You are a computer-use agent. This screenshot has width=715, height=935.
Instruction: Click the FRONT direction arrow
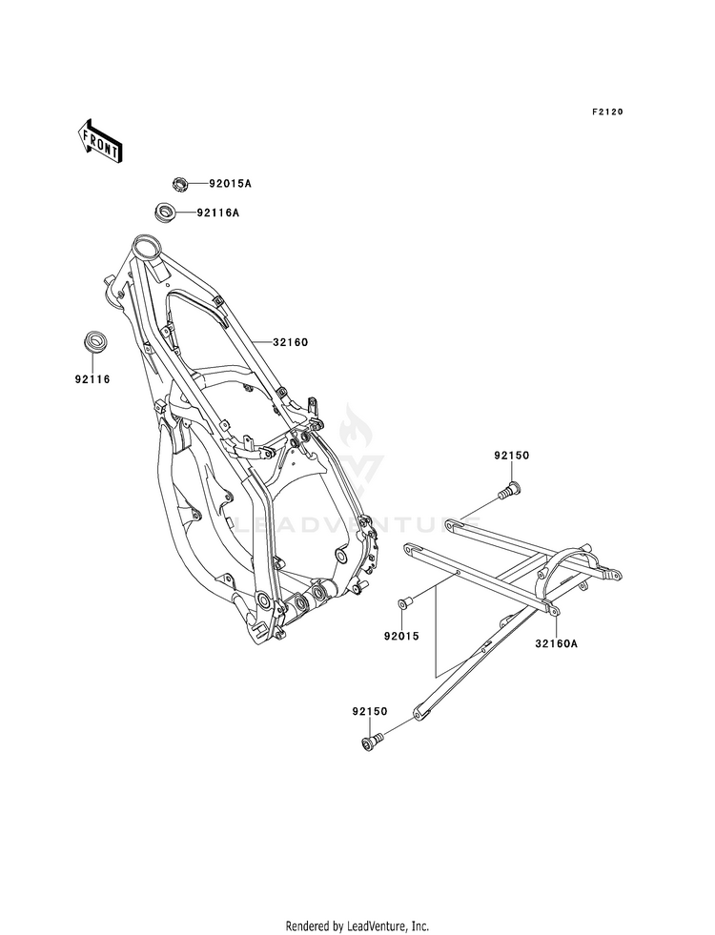point(99,141)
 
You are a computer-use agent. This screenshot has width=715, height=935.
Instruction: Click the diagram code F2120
point(607,112)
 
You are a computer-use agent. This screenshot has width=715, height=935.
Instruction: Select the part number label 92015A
point(230,184)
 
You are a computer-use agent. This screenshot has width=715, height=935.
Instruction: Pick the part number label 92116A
point(217,213)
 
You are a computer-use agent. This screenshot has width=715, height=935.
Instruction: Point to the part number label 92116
point(92,379)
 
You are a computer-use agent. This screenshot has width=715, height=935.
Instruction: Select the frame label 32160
point(291,342)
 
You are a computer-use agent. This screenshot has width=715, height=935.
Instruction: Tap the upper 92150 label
point(511,456)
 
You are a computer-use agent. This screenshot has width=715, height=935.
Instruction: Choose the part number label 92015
point(401,637)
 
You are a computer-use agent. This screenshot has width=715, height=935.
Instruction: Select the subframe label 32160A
point(557,643)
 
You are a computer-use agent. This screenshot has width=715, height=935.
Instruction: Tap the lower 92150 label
point(369,711)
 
